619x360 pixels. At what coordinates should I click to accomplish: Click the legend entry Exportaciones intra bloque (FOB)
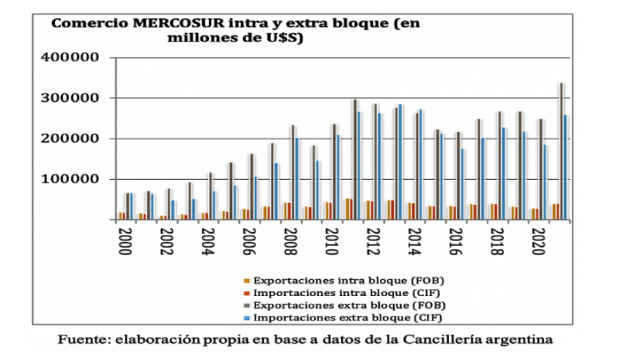coord(349,280)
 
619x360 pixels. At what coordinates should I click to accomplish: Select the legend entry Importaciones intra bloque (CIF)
coord(349,292)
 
